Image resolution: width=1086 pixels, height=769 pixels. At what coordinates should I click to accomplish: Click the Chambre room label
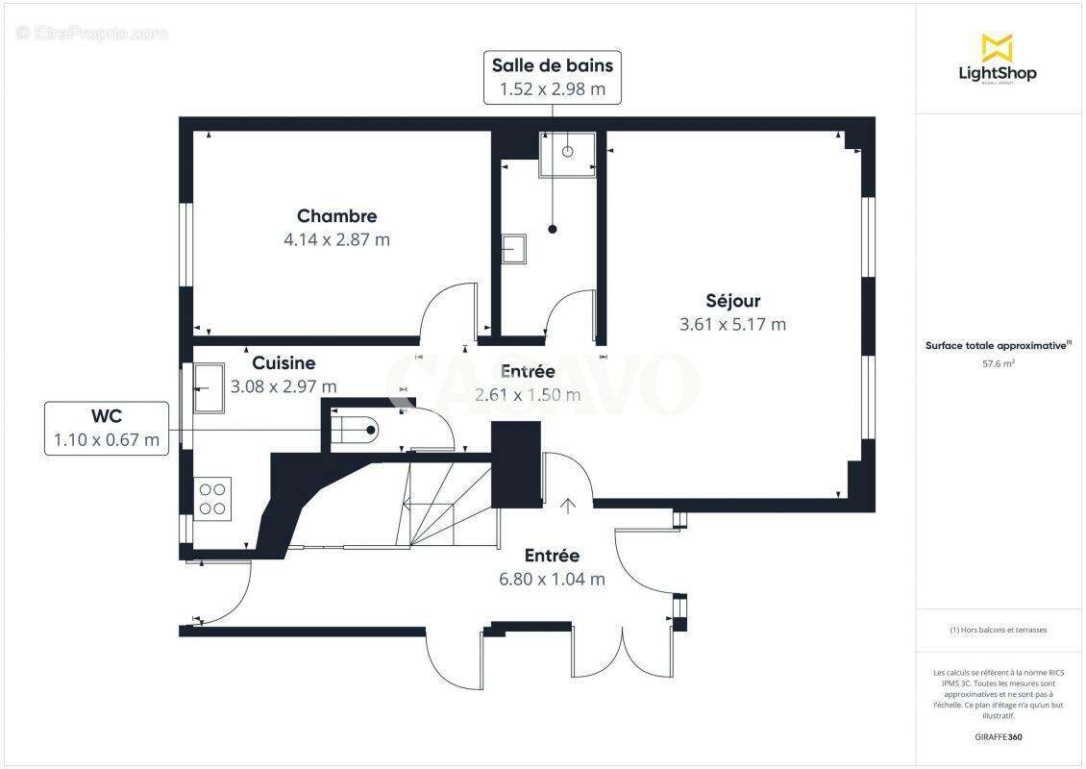point(336,216)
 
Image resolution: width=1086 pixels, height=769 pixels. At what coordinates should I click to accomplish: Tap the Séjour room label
point(732,301)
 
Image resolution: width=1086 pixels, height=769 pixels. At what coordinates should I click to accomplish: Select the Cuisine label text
point(284,363)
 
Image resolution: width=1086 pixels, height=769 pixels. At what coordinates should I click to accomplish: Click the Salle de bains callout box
point(552,77)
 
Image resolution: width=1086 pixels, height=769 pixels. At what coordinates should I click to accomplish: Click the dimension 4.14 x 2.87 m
point(336,239)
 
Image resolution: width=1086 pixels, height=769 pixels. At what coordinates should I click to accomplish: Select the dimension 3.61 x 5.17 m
point(732,325)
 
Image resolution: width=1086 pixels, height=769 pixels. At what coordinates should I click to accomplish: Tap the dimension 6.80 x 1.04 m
point(552,579)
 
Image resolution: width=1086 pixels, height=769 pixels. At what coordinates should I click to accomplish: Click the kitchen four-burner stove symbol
point(213,498)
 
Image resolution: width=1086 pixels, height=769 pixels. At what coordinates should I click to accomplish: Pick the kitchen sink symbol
point(209,388)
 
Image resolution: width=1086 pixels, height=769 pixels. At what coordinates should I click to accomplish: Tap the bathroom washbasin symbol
point(514,249)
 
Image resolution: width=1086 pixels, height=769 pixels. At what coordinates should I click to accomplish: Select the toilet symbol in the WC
point(358,429)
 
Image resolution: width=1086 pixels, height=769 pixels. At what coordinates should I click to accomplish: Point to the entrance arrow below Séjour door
point(568,506)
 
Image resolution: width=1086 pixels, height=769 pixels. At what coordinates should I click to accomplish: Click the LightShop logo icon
point(997,47)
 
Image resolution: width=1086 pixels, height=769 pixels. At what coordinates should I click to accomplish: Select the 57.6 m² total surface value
point(998,364)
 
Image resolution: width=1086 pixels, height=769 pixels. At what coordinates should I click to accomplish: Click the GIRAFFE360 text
point(998,737)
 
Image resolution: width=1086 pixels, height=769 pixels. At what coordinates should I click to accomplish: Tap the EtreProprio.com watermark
point(92,34)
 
